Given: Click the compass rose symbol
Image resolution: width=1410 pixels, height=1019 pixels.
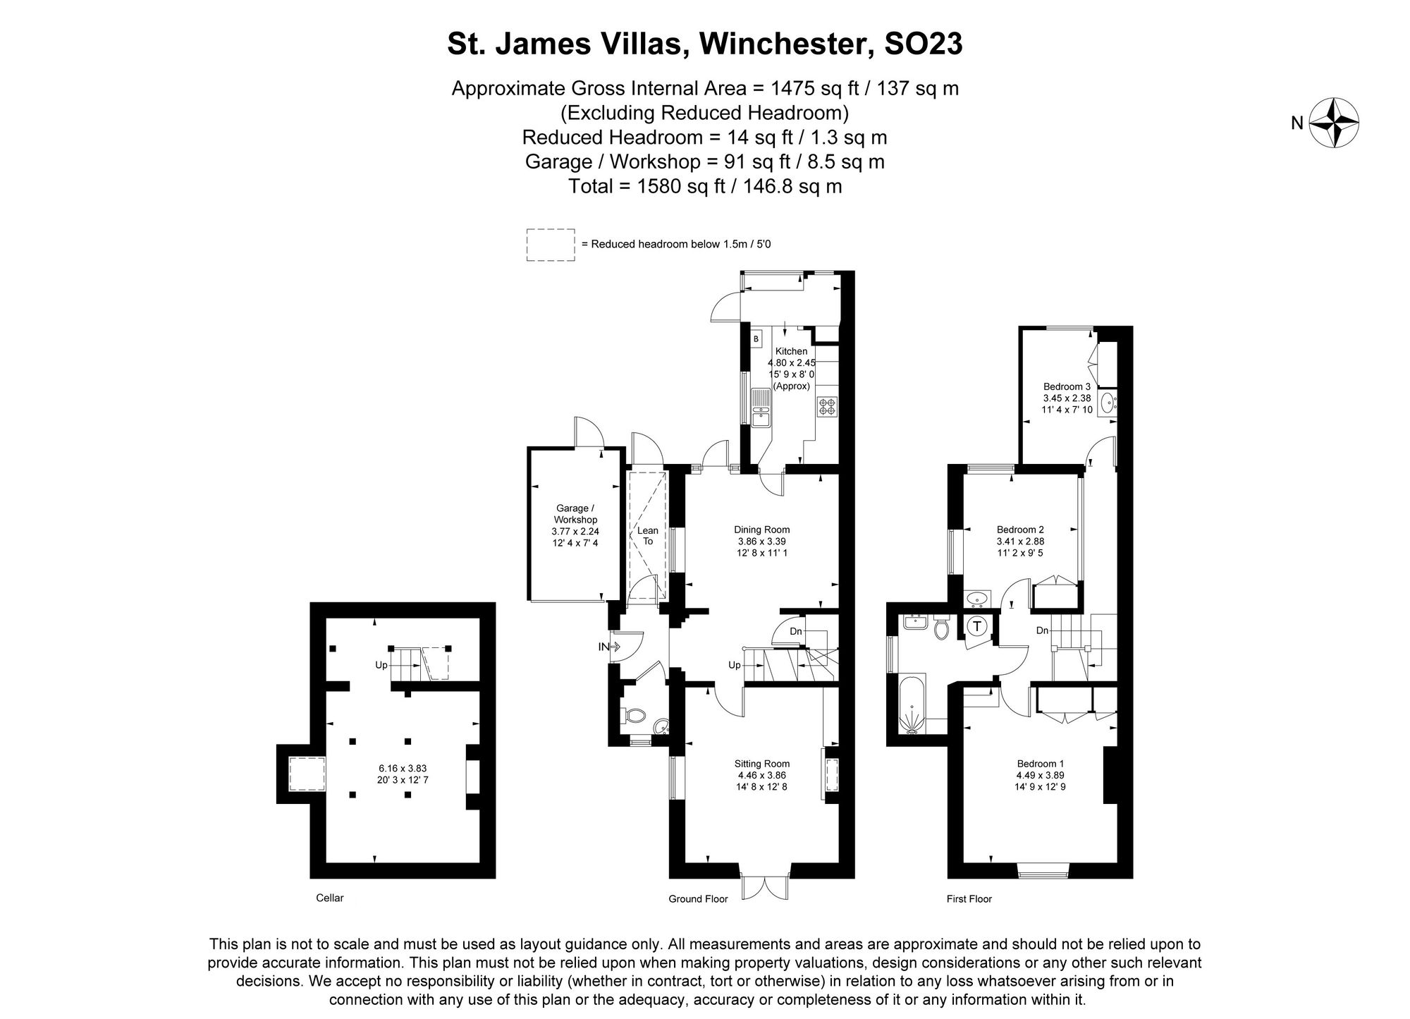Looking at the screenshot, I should tap(1334, 123).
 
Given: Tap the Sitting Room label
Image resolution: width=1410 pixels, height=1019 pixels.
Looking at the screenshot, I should tap(761, 764).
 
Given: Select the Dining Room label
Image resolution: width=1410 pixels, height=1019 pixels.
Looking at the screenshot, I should tap(761, 530).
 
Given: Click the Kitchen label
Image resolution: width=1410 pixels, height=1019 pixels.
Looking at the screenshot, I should tap(791, 351).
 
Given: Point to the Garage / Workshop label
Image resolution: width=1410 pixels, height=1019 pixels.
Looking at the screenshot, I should tap(575, 513).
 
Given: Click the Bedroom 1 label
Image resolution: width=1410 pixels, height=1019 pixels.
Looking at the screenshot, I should tap(1041, 764).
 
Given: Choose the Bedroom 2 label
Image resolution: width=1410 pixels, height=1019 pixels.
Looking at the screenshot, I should tap(1020, 530).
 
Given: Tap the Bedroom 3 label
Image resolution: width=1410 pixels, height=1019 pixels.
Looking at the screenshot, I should tap(1067, 386).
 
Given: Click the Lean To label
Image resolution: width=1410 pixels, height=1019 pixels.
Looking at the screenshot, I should tap(648, 536).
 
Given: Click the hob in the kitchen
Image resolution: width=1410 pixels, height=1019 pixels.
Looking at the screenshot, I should tap(826, 405).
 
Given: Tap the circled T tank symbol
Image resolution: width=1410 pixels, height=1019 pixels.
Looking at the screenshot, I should tap(977, 626).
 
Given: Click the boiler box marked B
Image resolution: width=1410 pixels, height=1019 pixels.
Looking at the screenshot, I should tap(756, 339).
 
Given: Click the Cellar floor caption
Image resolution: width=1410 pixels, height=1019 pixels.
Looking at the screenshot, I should tap(330, 898).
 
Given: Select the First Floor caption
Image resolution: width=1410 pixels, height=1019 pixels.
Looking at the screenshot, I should tap(969, 898).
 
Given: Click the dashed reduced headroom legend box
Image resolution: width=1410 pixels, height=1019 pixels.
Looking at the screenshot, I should tap(550, 245).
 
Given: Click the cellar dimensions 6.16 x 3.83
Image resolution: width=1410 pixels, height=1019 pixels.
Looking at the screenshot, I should tap(402, 768).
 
